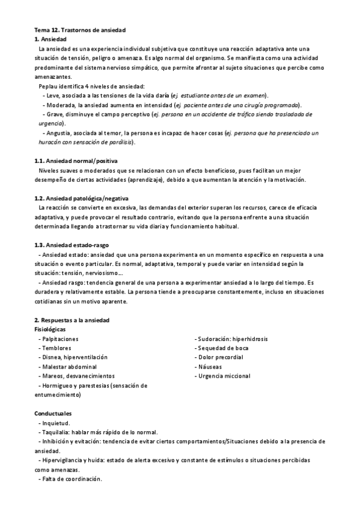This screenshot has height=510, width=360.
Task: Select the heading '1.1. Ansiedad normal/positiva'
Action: pos(76,161)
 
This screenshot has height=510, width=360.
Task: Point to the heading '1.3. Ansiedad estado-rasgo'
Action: pos(72,245)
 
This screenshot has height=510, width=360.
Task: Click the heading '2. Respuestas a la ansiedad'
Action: pos(72,320)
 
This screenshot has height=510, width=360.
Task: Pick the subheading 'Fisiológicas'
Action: pos(50,330)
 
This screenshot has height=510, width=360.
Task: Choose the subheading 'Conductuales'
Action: pos(53,414)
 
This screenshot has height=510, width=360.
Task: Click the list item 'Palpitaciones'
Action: pos(60,339)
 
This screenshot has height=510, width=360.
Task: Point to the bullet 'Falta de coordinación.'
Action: pos(70,479)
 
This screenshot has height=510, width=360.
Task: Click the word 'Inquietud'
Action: pos(57,423)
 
